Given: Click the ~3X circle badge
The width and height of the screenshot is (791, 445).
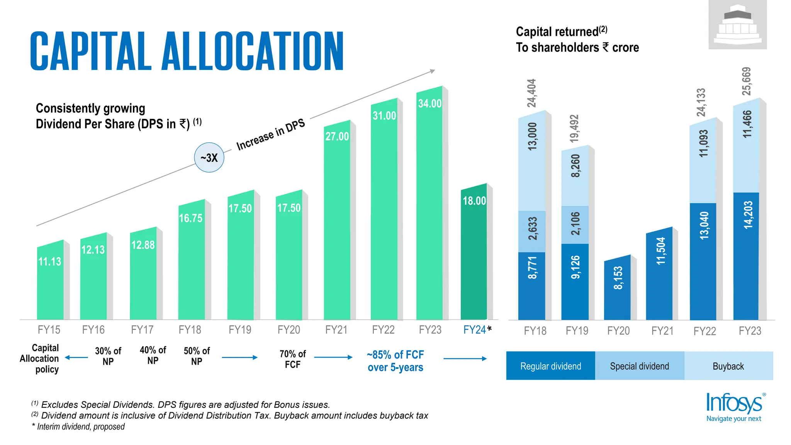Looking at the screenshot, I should [x=209, y=158].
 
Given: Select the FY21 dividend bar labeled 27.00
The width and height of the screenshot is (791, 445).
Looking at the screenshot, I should [x=337, y=224].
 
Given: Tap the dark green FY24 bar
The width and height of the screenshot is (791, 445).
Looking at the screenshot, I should [x=474, y=255].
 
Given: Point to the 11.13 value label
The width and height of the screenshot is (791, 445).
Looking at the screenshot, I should [x=50, y=262].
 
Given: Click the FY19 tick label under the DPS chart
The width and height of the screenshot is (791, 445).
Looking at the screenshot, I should [x=240, y=330].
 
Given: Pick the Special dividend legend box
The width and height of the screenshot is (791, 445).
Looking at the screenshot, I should [x=640, y=366].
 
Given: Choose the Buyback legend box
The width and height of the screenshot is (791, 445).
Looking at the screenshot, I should [x=728, y=366].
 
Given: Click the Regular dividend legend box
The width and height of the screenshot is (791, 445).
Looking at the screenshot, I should [x=550, y=366].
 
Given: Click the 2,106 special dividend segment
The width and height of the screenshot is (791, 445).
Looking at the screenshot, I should [x=575, y=224].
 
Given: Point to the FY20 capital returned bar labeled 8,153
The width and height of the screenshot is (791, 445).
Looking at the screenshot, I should [x=618, y=288].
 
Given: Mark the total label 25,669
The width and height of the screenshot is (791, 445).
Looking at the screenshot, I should [x=747, y=82].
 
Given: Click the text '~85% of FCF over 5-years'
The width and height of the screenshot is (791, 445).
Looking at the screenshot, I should [x=395, y=361].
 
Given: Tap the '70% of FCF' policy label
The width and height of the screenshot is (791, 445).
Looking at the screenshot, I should [x=292, y=359].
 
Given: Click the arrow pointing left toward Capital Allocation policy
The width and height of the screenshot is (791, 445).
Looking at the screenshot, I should [x=76, y=358].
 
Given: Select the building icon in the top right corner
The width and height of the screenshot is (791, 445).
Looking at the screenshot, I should [x=737, y=25].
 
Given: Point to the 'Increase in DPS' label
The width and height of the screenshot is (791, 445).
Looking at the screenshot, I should [x=270, y=135].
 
